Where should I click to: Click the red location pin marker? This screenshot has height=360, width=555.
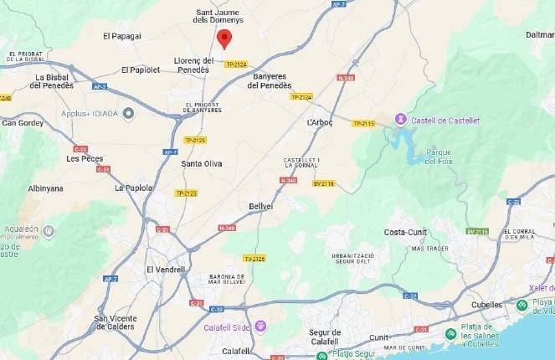pos(224,38)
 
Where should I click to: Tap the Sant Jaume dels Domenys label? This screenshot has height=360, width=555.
pos(219,17)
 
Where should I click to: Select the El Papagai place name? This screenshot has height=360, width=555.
pos(122,36)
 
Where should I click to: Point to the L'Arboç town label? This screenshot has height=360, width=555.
pos(320,122)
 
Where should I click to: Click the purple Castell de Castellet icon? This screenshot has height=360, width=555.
pos(401,120)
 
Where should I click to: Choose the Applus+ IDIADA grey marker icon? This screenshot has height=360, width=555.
pos(128,113)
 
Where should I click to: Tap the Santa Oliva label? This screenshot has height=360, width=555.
pos(202,163)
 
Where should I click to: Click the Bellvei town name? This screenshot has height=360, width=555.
pos(261,206)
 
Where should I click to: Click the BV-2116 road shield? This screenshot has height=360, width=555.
pos(324,183)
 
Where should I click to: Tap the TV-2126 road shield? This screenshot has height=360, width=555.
pos(254,258)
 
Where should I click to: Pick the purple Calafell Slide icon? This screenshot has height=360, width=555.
pos(261,326)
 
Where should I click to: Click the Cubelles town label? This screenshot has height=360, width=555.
pos(487,305)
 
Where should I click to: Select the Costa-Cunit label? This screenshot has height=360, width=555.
pos(405,232)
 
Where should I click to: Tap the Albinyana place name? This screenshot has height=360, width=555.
pos(45,188)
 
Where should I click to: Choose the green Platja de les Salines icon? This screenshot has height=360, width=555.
pos(451,334)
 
